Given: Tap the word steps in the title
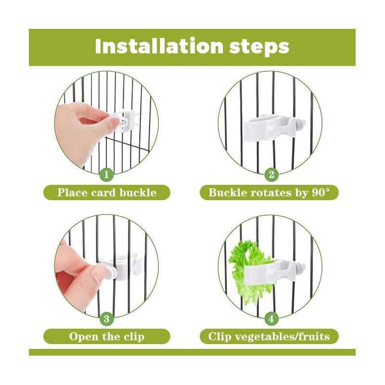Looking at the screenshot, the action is pyautogui.click(x=259, y=47).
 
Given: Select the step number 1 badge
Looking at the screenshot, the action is pyautogui.click(x=106, y=175).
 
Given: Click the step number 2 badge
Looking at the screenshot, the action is pyautogui.click(x=271, y=175).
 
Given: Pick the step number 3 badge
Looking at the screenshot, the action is pyautogui.click(x=106, y=319).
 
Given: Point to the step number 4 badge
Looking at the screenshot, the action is pyautogui.click(x=271, y=319).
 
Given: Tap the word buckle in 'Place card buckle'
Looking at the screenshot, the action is pyautogui.click(x=138, y=192).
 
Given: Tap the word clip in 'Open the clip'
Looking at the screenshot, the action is pyautogui.click(x=134, y=336).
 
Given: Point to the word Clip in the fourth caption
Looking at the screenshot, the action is pyautogui.click(x=219, y=336).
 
